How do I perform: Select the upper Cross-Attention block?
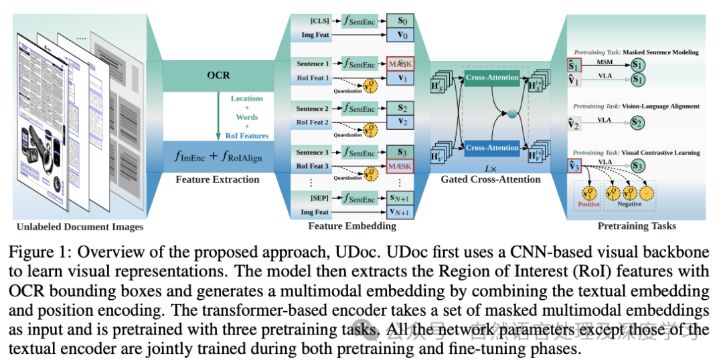(492, 78)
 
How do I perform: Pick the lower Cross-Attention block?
(492, 148)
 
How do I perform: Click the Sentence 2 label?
(313, 109)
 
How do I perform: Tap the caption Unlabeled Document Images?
(90, 227)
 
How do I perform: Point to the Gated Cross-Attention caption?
(491, 179)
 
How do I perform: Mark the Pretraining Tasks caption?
(637, 226)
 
